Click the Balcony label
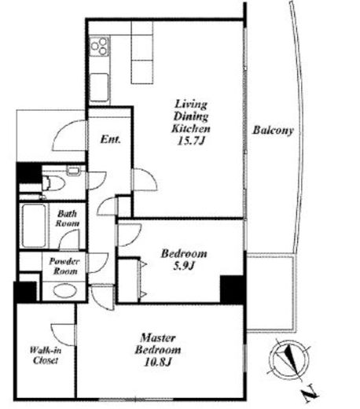(273, 131)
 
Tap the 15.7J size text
(190, 141)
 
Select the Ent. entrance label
(111, 139)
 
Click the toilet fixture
(53, 182)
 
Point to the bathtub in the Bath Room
(34, 226)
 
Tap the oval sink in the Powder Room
(65, 290)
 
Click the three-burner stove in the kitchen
(99, 46)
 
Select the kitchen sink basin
(99, 87)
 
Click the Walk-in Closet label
(45, 355)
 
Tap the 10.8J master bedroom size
(158, 362)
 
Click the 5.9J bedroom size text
(183, 266)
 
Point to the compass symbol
(289, 359)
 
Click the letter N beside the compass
(310, 393)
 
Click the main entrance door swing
(70, 135)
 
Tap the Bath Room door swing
(69, 240)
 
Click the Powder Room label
(64, 266)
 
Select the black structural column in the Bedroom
(233, 289)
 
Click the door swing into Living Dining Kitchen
(145, 179)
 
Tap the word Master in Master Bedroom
(158, 337)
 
